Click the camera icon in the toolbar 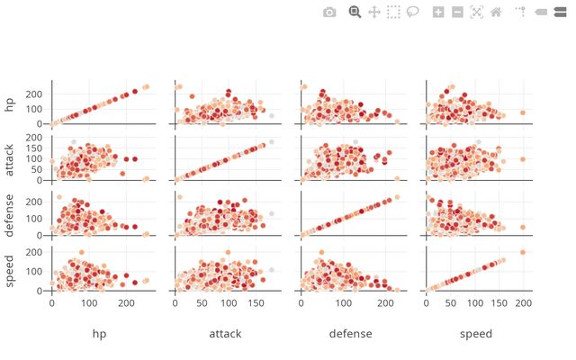pos(329,12)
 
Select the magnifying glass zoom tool pos(355,12)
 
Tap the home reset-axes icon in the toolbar pos(496,12)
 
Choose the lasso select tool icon pos(413,12)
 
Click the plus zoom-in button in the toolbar pos(438,12)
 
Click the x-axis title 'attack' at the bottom pos(225,334)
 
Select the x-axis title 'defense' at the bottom pos(350,334)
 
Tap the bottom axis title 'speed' pos(476,334)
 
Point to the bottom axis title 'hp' pos(100,334)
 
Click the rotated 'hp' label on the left pos(11,103)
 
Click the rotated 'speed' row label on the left pos(11,269)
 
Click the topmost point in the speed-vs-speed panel pos(523,252)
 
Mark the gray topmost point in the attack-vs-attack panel pos(271,142)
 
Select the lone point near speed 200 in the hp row pos(523,112)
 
